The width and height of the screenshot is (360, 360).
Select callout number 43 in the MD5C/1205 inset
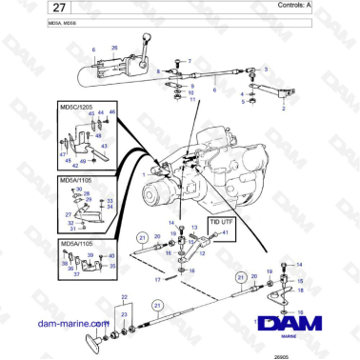pos(92,113)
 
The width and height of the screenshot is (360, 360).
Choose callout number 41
pos(224,232)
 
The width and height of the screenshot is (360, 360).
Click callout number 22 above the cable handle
pos(123,299)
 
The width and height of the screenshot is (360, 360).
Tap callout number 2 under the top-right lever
pos(284,110)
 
